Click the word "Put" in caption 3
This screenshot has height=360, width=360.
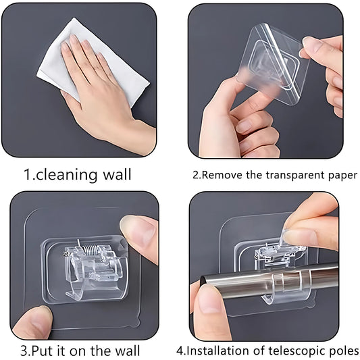55,350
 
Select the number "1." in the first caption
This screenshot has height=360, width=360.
30,175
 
